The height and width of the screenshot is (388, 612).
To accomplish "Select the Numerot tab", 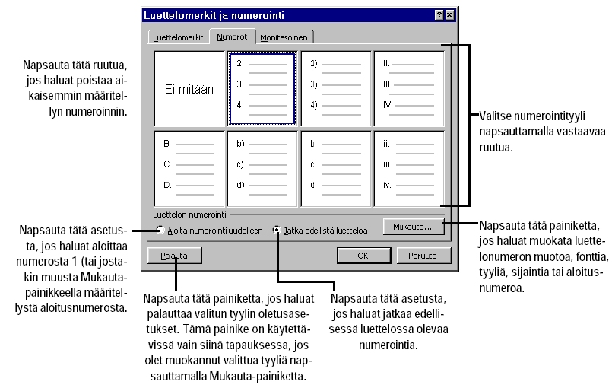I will pos(231,36).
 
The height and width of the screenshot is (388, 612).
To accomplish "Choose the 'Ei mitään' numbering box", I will pos(189,88).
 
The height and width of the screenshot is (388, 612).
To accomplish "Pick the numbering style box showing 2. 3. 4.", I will pos(261,88).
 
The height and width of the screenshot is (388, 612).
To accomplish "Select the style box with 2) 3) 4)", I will pos(335,88).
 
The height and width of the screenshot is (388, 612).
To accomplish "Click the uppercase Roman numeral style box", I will pos(408,88).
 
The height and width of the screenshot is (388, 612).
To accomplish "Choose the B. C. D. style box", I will pos(189,164).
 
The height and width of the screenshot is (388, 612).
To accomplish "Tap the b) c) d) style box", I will pos(261,164).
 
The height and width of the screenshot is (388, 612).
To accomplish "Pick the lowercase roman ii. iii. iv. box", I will pos(408,164).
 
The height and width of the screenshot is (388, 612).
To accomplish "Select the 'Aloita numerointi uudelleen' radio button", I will pos(160,230).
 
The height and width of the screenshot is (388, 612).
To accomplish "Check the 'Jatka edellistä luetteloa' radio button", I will pos(277,230).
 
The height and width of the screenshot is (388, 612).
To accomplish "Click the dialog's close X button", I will pos(450,15).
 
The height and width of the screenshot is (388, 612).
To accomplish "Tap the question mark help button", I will pos(439,15).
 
